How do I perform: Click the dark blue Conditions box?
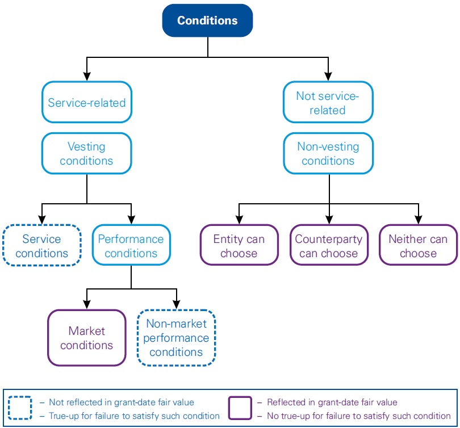tap(207, 21)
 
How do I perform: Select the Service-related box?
tap(86, 102)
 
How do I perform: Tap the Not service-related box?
tap(328, 102)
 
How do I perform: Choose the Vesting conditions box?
tap(86, 153)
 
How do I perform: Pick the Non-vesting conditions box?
tap(328, 153)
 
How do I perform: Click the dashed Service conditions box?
tap(42, 246)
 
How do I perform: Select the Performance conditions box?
tap(131, 246)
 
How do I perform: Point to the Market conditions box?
tap(86, 338)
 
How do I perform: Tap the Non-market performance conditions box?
tap(176, 338)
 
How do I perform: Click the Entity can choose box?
tap(239, 246)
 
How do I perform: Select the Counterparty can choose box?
tap(328, 246)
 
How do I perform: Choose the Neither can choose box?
tap(418, 246)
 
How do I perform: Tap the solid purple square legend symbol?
tap(240, 408)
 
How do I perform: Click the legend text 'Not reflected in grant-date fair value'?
tap(121, 402)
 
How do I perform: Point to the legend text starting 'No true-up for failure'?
tap(358, 416)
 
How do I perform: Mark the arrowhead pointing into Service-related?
tap(86, 77)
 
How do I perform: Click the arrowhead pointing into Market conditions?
tap(86, 305)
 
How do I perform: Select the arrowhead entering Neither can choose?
tap(418, 220)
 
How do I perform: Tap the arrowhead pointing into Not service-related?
tap(328, 77)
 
